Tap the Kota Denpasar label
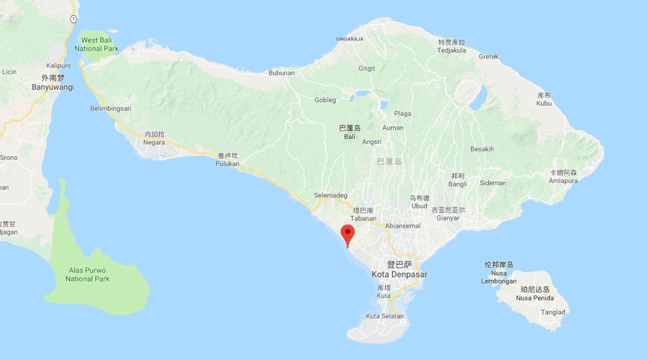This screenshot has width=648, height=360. tap(401, 274)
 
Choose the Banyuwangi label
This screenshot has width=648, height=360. tap(53, 86)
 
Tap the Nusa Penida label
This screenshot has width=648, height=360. tap(534, 298)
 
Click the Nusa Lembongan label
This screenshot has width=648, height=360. tap(498, 281)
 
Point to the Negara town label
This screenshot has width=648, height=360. tap(154, 143)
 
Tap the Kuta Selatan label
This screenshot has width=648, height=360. tap(385, 317)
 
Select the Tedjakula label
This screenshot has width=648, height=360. tap(452, 50)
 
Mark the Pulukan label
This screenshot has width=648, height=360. tap(228, 163)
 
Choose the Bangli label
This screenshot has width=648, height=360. tap(457, 184)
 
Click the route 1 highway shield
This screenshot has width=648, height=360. tap(73, 19)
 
